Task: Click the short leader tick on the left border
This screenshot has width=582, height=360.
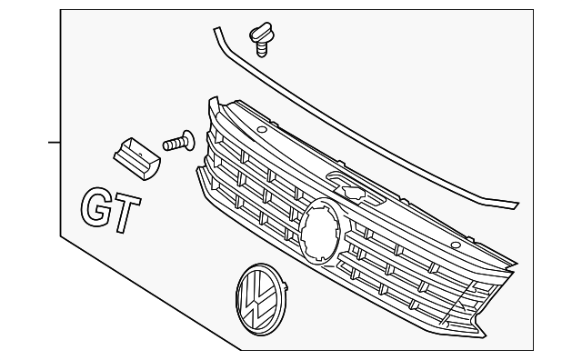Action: [55, 143]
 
